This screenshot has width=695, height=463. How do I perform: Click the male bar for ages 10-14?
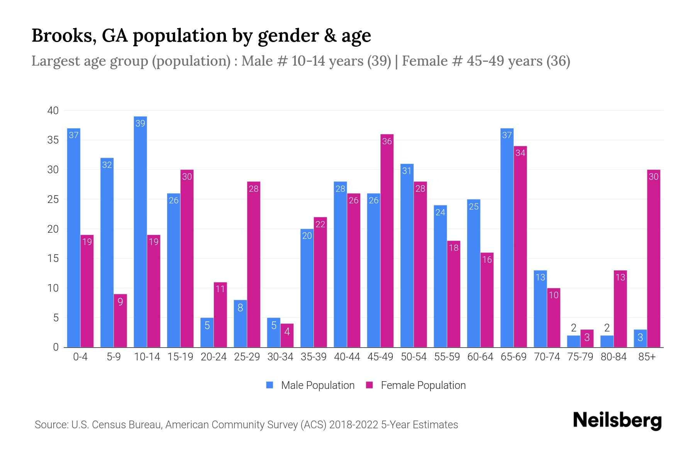click(x=140, y=231)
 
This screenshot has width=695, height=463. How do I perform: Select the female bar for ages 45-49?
click(x=387, y=241)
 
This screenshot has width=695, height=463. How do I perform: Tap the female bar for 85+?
click(x=653, y=259)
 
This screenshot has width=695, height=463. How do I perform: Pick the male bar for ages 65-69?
click(x=507, y=238)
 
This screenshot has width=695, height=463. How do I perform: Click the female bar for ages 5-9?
click(x=120, y=321)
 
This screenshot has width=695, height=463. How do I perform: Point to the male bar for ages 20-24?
click(x=207, y=333)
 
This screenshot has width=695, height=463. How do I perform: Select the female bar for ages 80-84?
click(x=620, y=309)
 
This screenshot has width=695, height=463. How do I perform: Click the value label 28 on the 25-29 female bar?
click(x=254, y=189)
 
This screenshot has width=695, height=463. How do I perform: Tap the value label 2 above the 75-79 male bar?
click(x=573, y=328)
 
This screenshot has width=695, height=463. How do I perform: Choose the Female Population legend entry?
click(x=416, y=385)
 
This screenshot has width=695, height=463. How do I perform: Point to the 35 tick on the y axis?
click(x=53, y=140)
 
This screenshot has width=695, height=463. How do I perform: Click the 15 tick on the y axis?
click(x=53, y=259)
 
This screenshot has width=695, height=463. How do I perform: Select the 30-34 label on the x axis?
click(x=280, y=357)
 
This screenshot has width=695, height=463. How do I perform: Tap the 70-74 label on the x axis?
click(x=547, y=357)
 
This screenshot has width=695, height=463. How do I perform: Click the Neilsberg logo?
click(x=617, y=420)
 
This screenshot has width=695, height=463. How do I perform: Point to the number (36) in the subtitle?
click(x=558, y=61)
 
